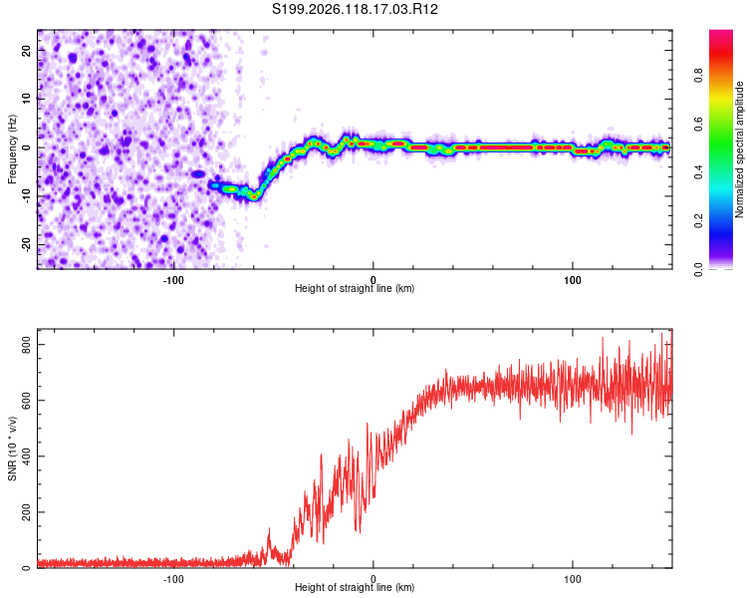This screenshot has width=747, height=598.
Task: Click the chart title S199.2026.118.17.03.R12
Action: (x=355, y=9)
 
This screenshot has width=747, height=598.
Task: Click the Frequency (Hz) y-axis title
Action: (x=12, y=149)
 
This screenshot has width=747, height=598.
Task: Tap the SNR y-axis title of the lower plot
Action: (x=12, y=448)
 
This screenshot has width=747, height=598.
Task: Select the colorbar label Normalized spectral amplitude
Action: (x=739, y=149)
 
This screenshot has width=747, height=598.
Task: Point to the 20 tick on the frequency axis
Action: (x=27, y=50)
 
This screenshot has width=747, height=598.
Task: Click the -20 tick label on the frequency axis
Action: (x=27, y=245)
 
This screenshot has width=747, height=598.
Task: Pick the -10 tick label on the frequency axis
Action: (x=27, y=196)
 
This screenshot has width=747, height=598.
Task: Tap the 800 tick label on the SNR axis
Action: (x=27, y=345)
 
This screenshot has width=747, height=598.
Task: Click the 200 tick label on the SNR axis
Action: (x=27, y=512)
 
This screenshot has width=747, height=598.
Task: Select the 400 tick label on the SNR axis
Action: (x=27, y=456)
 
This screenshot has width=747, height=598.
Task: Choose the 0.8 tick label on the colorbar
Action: (x=698, y=76)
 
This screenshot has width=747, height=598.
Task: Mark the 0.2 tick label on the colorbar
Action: (x=698, y=221)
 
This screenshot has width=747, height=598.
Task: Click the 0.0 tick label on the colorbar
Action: (x=698, y=269)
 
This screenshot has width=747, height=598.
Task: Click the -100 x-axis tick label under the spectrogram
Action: (x=173, y=280)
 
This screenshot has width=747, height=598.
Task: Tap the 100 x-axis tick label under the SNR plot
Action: (x=572, y=579)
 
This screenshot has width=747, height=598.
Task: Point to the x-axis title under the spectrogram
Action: (x=355, y=288)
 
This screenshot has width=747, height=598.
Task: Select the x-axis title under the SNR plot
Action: (x=355, y=587)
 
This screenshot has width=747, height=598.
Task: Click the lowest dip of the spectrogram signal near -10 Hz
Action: (x=255, y=196)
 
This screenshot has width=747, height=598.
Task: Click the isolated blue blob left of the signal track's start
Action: (x=198, y=174)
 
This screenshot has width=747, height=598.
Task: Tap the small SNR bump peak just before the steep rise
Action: (x=269, y=529)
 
